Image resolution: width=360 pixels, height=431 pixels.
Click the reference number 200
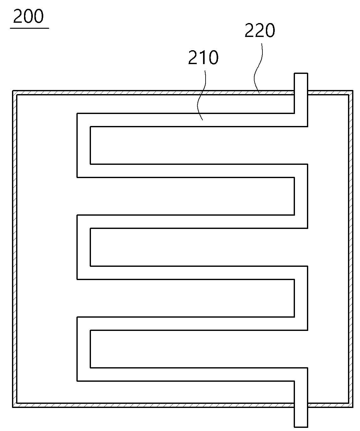pyautogui.click(x=28, y=16)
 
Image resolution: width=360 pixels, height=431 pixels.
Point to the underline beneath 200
pyautogui.click(x=29, y=28)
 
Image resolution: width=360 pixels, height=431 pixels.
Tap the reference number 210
pyautogui.click(x=203, y=57)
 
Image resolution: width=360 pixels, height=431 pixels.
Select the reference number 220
pyautogui.click(x=260, y=30)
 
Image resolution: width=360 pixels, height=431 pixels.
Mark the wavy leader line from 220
pyautogui.click(x=258, y=68)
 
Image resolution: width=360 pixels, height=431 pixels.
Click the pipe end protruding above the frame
pyautogui.click(x=301, y=82)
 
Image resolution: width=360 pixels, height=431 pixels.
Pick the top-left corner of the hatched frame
pyautogui.click(x=13, y=91)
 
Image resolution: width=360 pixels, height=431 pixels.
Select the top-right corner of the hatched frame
pyautogui.click(x=353, y=91)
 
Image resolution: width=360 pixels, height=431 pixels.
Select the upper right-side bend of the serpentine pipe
pyautogui.click(x=301, y=196)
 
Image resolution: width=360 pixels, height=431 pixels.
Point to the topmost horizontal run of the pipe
pyautogui.click(x=192, y=120)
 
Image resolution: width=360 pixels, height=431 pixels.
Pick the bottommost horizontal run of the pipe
pyautogui.click(x=192, y=374)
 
